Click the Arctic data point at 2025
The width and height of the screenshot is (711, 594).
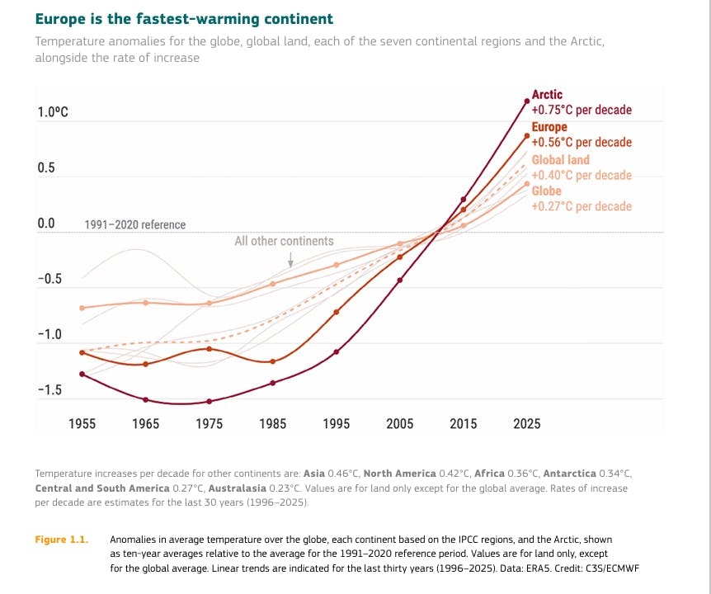point(527,101)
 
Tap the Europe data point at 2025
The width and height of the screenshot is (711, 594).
point(527,135)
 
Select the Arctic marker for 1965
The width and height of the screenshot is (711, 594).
point(145,400)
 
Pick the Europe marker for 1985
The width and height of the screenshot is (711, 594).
point(272,361)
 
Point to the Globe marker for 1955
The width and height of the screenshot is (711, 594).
point(82,308)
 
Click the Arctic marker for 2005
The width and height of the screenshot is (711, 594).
point(400,280)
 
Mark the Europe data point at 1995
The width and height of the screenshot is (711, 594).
point(337,312)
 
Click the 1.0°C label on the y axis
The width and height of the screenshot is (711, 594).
point(53,111)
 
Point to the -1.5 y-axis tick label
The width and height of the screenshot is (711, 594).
point(49,390)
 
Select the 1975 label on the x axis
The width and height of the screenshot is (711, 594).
point(209,423)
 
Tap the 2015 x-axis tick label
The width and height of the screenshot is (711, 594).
point(463,423)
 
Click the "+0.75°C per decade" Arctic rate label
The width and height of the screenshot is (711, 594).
point(582,110)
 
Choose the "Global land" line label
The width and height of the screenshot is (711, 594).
point(560,159)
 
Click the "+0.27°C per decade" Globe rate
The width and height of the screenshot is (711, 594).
point(582,206)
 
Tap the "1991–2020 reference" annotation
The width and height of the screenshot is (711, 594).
point(135,224)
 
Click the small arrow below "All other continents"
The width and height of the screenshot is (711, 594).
point(290,259)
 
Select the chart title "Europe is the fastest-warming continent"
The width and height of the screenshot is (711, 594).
point(184,19)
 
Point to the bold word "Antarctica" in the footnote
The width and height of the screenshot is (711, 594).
point(569,474)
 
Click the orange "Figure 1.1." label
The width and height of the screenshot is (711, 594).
point(62,540)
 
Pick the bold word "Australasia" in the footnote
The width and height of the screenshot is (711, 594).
point(238,488)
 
